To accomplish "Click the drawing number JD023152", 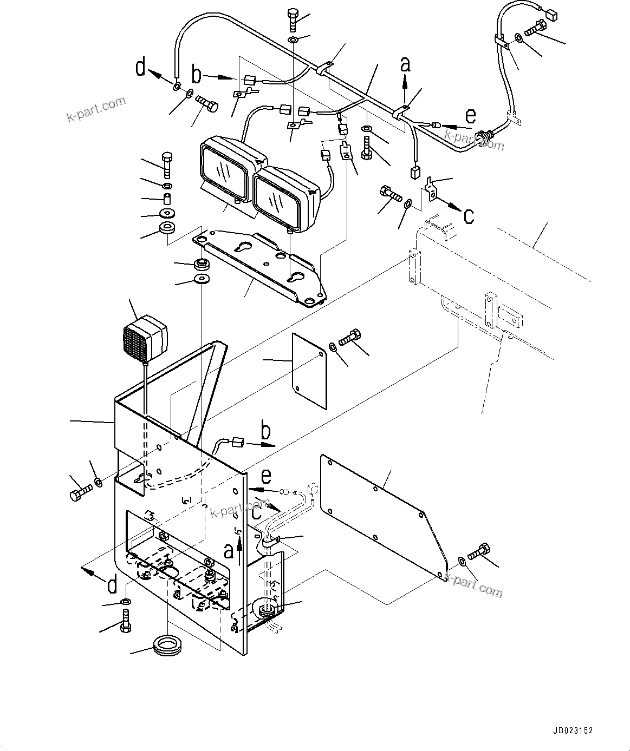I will coord(573,730).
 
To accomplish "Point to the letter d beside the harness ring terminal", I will coord(141,69).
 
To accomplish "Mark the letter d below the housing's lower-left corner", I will coord(112,585).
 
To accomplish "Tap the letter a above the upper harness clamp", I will coord(405,64).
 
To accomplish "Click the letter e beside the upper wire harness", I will coord(471,116).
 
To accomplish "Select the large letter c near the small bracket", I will coord(469,216).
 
